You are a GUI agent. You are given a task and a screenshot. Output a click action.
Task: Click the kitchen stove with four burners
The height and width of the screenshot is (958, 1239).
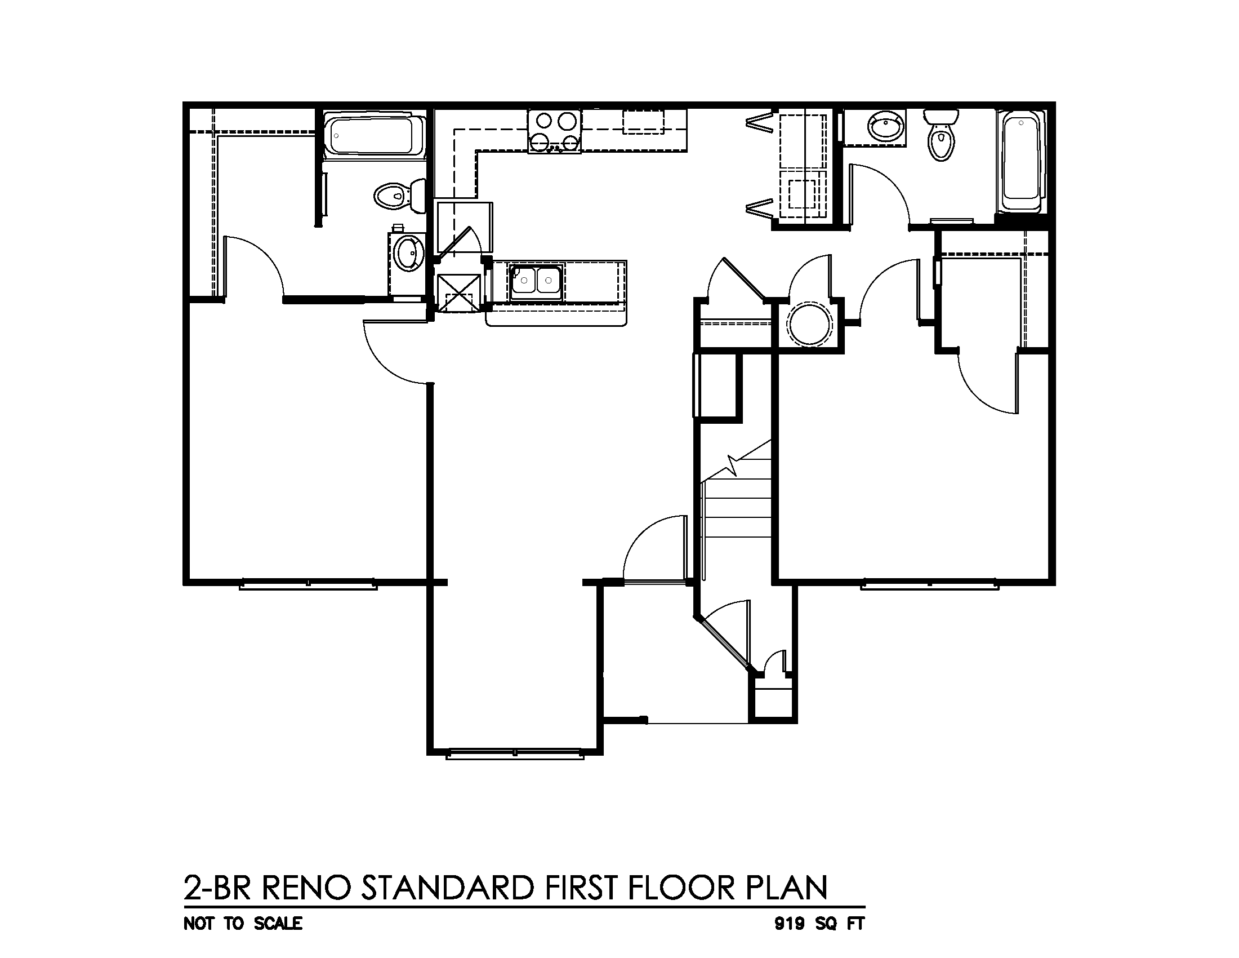click(x=555, y=132)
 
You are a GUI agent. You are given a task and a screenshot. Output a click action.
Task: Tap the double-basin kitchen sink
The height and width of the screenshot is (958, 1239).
click(x=536, y=282)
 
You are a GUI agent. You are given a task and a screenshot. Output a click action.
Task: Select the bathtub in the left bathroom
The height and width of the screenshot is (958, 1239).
click(x=375, y=136)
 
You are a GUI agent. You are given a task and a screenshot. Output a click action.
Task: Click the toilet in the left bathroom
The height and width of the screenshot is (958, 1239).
click(x=399, y=196)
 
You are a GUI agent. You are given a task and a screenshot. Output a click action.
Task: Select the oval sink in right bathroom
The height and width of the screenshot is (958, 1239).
click(x=886, y=127)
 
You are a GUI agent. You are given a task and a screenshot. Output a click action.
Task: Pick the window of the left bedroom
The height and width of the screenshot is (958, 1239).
click(x=308, y=584)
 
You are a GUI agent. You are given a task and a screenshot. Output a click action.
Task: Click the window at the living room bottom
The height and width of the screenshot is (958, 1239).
click(x=515, y=754)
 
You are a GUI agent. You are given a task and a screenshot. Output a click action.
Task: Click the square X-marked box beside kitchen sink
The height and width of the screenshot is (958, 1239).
click(x=459, y=293)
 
